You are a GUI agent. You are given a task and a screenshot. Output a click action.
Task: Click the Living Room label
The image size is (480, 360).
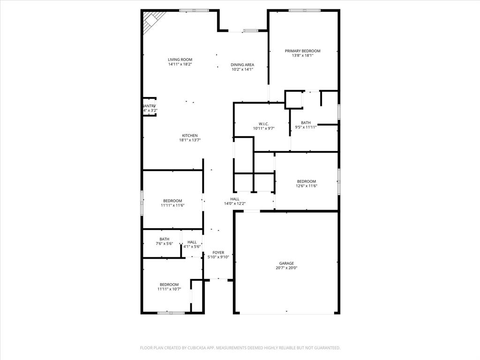[180, 60]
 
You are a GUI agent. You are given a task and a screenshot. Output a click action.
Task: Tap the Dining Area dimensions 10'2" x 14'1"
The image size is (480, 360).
[242, 69]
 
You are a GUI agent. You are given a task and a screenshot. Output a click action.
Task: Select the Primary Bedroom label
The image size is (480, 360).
[302, 51]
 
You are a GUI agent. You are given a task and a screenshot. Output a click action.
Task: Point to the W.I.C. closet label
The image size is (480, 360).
[263, 124]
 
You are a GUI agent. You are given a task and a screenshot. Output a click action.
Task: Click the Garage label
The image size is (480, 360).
[286, 263]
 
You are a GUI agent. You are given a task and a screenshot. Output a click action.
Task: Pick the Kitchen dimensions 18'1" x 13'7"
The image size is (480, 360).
[190, 140]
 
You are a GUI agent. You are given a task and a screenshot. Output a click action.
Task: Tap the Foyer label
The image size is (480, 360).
[218, 253]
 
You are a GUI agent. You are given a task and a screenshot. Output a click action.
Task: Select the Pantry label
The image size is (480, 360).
[149, 106]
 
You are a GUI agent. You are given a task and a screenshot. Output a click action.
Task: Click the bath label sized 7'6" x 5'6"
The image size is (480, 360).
[164, 239]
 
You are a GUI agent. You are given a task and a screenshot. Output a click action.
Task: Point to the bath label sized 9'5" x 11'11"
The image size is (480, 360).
[306, 123]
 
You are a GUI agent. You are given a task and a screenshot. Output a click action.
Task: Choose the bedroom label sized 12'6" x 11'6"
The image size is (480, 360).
[306, 181]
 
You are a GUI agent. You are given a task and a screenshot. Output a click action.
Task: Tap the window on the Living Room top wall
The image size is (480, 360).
[194, 10]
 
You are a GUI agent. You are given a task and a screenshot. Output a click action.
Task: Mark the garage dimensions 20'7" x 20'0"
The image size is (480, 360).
[286, 268]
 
